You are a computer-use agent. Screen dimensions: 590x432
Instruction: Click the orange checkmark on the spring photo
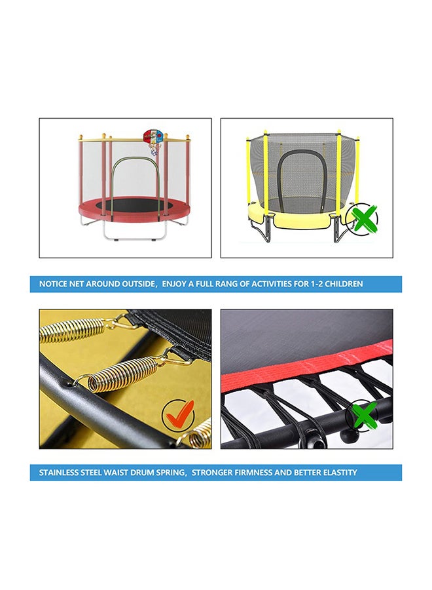(x=179, y=414)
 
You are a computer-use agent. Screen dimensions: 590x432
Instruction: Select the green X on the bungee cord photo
(x=364, y=414)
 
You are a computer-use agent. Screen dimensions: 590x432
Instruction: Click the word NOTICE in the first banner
(x=54, y=285)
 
